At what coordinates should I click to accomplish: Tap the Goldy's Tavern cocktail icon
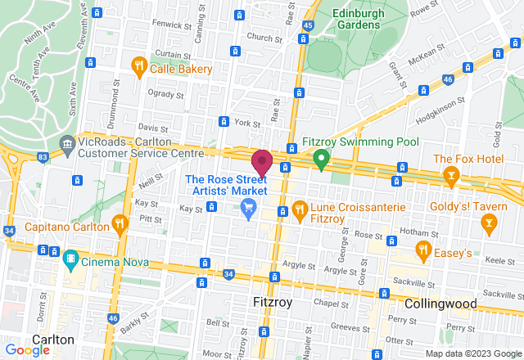(489, 222)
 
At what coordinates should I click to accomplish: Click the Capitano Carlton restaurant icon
(120, 223)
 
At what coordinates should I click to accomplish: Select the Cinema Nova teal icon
(70, 260)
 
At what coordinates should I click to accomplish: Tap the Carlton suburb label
(53, 339)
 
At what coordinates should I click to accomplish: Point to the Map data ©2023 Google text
(472, 353)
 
